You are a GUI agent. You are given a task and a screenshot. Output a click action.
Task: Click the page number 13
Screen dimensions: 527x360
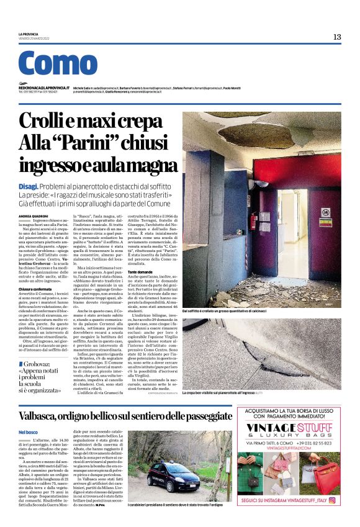coord(336,37)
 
